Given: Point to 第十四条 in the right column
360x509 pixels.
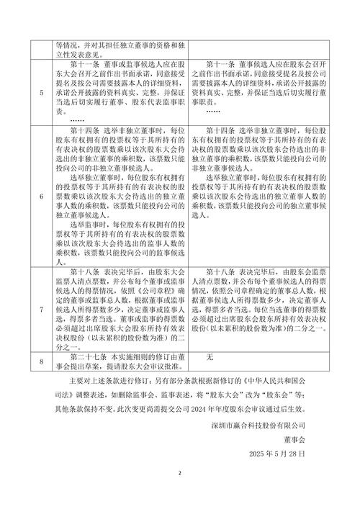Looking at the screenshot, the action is [219, 128].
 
